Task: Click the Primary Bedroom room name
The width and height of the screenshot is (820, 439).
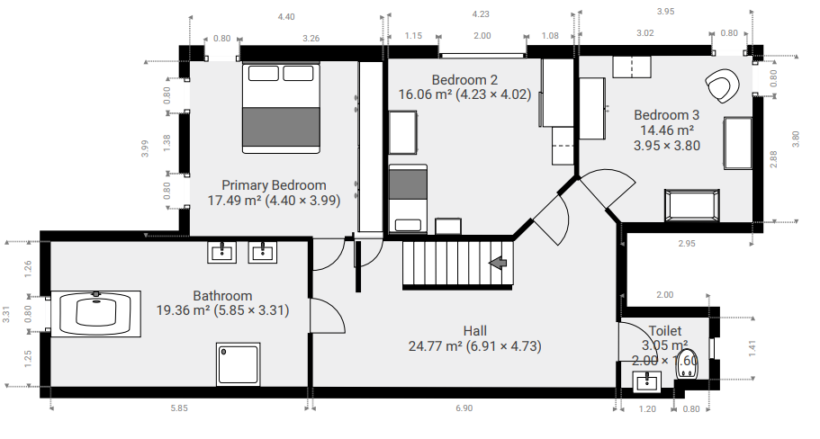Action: click(273, 185)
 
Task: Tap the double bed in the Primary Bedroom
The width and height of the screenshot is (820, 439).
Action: click(282, 106)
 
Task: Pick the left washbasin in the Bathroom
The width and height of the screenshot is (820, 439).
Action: click(222, 252)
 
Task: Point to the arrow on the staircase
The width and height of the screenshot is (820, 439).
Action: click(497, 262)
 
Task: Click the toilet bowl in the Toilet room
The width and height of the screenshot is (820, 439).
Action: click(686, 366)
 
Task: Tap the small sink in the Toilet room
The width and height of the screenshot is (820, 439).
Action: click(646, 382)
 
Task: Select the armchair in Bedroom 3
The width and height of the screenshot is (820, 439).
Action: click(723, 86)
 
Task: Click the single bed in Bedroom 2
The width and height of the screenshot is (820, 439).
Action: click(407, 198)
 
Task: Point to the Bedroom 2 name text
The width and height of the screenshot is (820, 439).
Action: click(464, 78)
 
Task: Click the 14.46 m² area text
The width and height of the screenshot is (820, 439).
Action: click(666, 130)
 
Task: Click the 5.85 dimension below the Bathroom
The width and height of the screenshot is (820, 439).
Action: click(178, 408)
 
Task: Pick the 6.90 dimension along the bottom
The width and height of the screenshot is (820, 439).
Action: click(464, 408)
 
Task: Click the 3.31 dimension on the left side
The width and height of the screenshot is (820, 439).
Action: click(6, 314)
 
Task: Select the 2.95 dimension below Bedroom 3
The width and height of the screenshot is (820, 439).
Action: click(688, 243)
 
